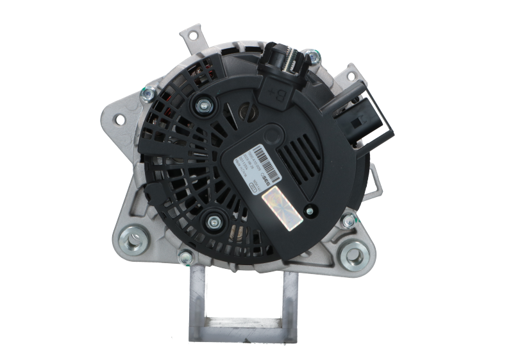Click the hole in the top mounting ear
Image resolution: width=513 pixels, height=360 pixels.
coord(191,35)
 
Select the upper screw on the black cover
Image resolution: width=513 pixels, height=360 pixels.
coord(206,103)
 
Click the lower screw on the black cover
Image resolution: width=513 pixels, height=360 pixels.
coord(212,221)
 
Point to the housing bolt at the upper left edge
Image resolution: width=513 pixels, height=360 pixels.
coord(148,94)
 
